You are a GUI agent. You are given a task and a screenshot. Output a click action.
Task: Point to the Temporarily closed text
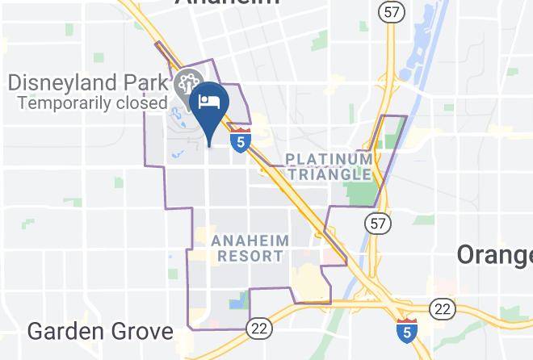[x=92, y=103]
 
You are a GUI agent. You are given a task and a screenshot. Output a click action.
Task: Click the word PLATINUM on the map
[x=329, y=159]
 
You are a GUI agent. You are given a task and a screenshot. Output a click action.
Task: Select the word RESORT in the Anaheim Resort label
[x=251, y=256]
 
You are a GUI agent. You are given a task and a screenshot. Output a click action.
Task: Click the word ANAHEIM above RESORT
[x=250, y=241]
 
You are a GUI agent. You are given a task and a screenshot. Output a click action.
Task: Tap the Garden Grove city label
[x=100, y=331]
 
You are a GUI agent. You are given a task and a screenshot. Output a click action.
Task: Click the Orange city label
[x=493, y=254]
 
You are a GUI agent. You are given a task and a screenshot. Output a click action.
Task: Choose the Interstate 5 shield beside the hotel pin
[x=240, y=140]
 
